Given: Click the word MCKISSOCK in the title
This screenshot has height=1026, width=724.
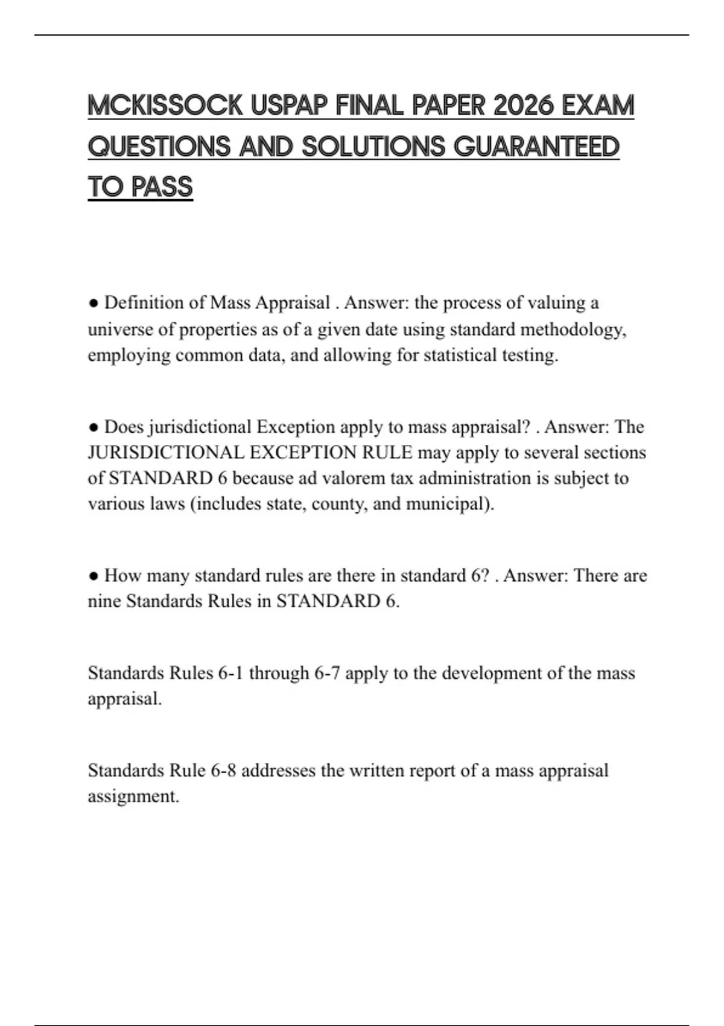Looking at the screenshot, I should pyautogui.click(x=165, y=106).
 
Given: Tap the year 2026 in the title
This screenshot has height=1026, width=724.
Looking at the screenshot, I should pyautogui.click(x=523, y=106).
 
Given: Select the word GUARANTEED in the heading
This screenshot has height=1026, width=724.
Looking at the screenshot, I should pyautogui.click(x=536, y=147).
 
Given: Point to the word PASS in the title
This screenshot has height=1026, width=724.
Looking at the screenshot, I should pyautogui.click(x=162, y=187).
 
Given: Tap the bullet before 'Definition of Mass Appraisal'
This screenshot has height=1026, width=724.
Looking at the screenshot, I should pyautogui.click(x=94, y=303).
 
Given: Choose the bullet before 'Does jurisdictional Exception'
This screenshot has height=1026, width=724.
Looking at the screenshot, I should pyautogui.click(x=94, y=427).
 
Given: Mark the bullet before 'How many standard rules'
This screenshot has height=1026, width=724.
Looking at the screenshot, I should pyautogui.click(x=94, y=576).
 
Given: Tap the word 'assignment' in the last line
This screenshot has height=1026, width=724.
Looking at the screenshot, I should pyautogui.click(x=133, y=796).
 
